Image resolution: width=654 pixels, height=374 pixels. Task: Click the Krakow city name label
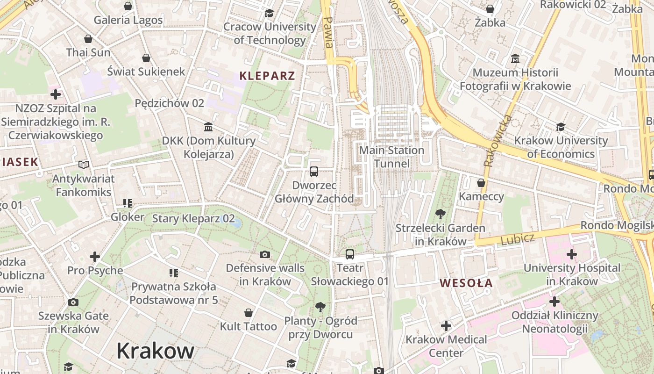(155, 350)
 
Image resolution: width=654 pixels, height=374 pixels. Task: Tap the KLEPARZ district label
(267, 76)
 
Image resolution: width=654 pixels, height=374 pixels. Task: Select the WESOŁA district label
(466, 283)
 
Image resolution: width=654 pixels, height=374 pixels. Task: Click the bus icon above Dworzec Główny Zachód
(314, 172)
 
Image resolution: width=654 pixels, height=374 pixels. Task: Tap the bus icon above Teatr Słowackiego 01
(350, 254)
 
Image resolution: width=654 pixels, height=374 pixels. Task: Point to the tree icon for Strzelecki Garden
(440, 215)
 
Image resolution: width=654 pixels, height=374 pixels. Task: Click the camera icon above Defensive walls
(265, 254)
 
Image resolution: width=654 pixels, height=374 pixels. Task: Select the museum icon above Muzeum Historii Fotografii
(515, 59)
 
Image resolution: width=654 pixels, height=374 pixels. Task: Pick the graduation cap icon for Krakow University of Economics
(561, 127)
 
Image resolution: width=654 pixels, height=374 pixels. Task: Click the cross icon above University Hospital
(571, 254)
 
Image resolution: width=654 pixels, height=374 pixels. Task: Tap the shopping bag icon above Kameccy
(481, 182)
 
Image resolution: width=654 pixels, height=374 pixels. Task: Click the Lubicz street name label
(517, 239)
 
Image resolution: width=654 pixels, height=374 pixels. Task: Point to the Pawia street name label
(328, 33)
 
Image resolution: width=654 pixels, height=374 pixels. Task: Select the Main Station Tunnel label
(391, 157)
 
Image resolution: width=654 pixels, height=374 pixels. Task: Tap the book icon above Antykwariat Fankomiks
(84, 165)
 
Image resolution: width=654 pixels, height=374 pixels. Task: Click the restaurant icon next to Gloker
(128, 203)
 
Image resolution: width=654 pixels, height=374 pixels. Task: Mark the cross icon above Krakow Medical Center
(446, 325)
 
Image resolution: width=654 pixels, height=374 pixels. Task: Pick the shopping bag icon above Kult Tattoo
(249, 312)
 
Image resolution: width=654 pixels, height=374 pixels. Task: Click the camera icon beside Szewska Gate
(73, 302)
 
